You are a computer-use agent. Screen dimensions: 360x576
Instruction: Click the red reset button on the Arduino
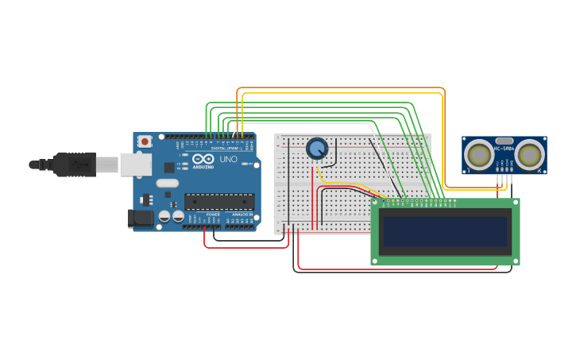145,141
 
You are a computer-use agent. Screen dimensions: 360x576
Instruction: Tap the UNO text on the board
228,160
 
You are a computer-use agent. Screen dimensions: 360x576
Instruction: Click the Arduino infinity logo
203,159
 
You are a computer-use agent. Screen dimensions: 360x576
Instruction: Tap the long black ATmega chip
219,202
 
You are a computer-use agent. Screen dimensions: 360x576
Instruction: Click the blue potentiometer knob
317,149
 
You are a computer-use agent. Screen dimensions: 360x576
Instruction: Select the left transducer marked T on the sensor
479,154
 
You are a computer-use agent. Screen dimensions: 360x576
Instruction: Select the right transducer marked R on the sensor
529,154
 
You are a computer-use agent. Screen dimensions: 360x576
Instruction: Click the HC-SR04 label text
504,148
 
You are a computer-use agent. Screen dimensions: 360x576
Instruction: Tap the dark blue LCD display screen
445,232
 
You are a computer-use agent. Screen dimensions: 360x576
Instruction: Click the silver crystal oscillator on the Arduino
168,183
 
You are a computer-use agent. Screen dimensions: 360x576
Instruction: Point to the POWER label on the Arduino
213,215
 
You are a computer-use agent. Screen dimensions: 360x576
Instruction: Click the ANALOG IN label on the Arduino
242,215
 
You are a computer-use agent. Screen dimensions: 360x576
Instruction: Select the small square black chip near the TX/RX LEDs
169,167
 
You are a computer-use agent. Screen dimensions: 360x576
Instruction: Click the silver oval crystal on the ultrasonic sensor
504,140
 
